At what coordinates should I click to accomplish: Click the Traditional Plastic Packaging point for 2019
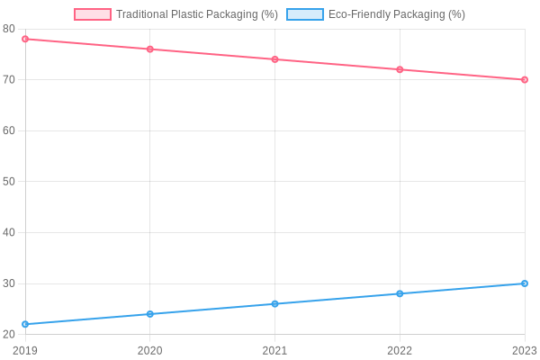click(x=25, y=39)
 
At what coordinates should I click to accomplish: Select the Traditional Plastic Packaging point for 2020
click(x=150, y=49)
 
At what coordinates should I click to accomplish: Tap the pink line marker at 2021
click(x=274, y=59)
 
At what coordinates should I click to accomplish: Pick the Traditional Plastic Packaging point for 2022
click(x=400, y=69)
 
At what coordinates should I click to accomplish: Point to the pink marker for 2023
click(x=525, y=80)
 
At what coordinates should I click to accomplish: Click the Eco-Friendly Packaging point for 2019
click(x=25, y=324)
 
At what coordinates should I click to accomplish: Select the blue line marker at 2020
click(x=150, y=314)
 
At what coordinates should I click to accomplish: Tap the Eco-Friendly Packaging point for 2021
click(x=274, y=304)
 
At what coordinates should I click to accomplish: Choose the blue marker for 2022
click(x=400, y=293)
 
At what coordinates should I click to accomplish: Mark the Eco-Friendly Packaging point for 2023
click(x=525, y=283)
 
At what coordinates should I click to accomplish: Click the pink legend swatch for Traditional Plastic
click(x=93, y=14)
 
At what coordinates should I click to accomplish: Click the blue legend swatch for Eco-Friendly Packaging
click(x=305, y=14)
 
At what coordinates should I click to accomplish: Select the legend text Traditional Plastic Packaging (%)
click(x=197, y=14)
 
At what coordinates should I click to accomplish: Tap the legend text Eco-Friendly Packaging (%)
click(x=397, y=14)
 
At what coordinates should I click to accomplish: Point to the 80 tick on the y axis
click(x=9, y=29)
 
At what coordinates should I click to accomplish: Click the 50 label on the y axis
click(x=9, y=182)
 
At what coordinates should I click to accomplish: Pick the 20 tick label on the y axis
click(x=9, y=335)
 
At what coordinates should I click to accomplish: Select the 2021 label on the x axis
click(x=274, y=350)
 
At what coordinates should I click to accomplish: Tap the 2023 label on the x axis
click(x=524, y=350)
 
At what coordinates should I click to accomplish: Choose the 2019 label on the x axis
click(x=25, y=350)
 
